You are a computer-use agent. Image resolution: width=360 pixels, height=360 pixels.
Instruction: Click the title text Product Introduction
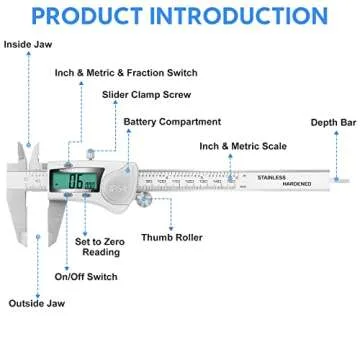(x=180, y=17)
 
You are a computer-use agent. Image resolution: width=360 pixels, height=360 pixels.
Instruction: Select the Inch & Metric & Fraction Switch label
(x=127, y=73)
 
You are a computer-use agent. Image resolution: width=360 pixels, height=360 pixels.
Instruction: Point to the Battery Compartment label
(x=172, y=122)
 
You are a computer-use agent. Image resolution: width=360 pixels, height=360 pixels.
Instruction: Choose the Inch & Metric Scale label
(x=243, y=146)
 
